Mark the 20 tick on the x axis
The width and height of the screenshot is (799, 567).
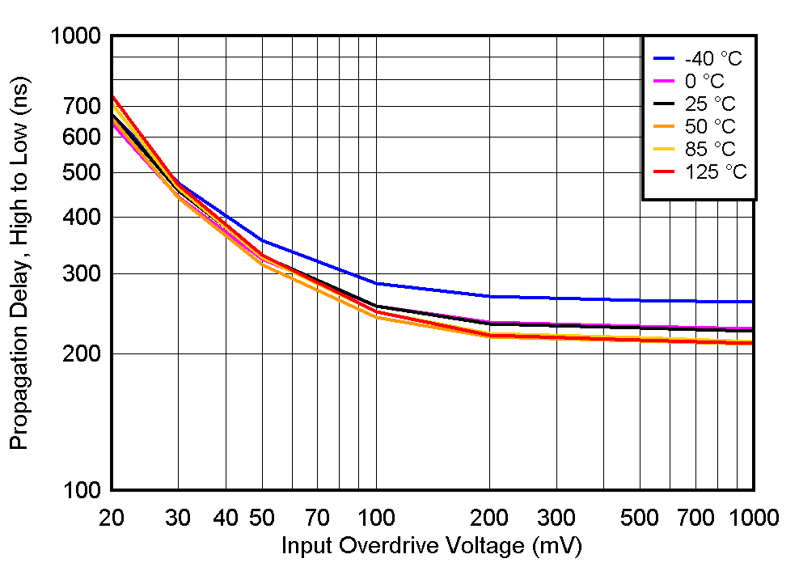pos(111,517)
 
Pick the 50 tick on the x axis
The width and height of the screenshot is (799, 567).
pos(261,517)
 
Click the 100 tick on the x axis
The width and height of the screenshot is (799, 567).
pos(375,517)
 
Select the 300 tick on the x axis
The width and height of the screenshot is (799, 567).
pos(556,517)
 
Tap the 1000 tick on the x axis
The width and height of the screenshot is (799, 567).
pos(752,517)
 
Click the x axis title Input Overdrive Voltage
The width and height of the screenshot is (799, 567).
pos(431,546)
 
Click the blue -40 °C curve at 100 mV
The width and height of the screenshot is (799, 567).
pos(375,283)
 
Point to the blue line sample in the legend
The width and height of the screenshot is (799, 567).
pos(664,58)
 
